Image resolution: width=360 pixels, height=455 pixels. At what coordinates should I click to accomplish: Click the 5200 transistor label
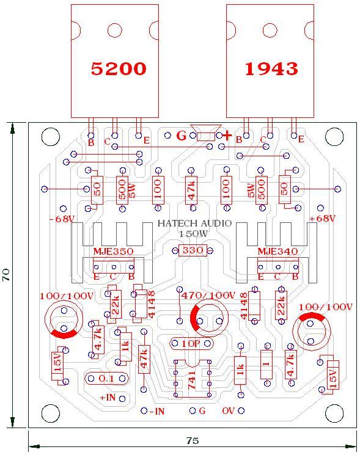119,68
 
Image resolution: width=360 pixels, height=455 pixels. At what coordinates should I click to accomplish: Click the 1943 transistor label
271,69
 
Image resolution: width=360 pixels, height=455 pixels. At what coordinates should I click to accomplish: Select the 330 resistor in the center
193,250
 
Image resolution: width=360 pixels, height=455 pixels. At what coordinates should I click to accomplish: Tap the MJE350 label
113,251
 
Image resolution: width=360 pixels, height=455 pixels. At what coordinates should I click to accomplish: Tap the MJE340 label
277,251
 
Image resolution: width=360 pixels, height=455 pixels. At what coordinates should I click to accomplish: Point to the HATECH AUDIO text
194,223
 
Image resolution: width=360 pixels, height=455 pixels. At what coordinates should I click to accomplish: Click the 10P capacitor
191,344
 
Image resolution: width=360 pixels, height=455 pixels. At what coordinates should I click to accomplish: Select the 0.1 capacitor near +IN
106,379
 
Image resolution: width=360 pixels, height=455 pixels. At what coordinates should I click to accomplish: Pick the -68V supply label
62,219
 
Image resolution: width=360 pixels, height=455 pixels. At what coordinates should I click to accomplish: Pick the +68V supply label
322,219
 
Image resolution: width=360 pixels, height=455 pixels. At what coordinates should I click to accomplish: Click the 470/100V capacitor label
208,296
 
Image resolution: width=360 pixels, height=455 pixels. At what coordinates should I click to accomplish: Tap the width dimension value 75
192,441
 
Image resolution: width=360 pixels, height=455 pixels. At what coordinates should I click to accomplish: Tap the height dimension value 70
6,275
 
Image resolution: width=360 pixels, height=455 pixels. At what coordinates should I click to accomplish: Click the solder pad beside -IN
144,410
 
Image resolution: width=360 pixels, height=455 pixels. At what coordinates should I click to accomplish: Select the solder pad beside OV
241,410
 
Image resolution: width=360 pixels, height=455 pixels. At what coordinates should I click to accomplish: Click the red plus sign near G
227,135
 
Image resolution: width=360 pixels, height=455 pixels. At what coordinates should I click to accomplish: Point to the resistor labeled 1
266,365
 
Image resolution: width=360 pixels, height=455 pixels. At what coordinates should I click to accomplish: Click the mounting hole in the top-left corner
51,136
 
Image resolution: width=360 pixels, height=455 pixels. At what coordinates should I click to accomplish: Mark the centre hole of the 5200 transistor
115,30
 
